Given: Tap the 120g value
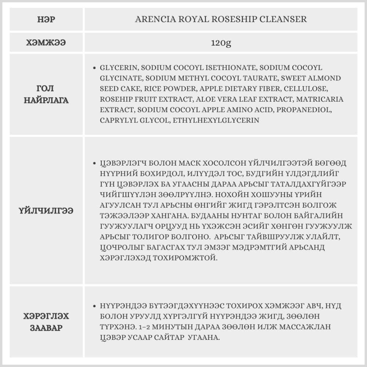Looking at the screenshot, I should pos(221,43).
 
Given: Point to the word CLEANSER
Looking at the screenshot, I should pos(286,19).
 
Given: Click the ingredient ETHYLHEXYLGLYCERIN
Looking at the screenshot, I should pos(217,120).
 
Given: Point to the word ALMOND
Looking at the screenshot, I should pos(326,78).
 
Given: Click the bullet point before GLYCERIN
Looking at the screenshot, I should pos(94,68).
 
